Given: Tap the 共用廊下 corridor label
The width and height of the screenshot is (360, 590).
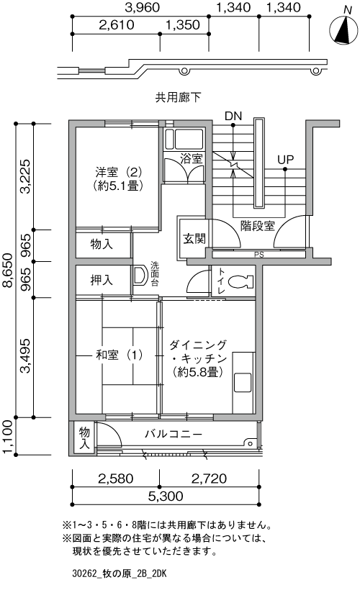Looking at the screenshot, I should click(x=177, y=96).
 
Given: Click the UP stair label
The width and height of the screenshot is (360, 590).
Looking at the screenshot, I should click(x=286, y=159).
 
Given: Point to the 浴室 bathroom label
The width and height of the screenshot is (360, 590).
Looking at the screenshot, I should click(x=191, y=158).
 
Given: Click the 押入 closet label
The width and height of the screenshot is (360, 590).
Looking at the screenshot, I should click(x=102, y=280).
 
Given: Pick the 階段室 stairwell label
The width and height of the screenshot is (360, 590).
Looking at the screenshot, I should click(x=258, y=225).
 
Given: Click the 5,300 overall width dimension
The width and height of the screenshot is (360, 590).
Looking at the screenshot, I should click(x=166, y=496).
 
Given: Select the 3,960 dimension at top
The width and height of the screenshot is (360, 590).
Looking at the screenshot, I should click(x=141, y=9).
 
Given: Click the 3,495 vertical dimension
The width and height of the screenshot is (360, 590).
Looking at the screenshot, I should click(x=26, y=357).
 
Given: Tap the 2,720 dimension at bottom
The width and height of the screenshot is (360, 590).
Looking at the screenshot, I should click(x=210, y=478).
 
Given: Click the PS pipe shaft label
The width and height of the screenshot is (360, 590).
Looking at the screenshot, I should click(x=258, y=254).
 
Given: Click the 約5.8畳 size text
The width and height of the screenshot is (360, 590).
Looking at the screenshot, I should click(x=197, y=372).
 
